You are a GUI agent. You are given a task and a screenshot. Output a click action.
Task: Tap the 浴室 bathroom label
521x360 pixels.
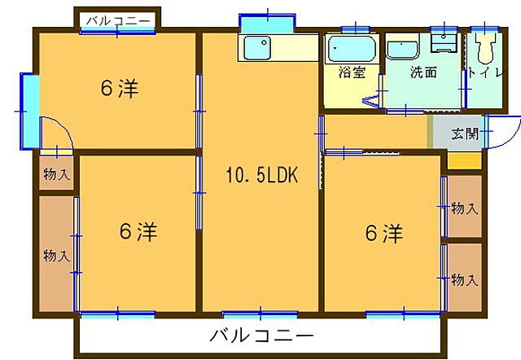352,72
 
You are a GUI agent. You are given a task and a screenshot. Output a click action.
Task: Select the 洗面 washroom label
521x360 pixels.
422,72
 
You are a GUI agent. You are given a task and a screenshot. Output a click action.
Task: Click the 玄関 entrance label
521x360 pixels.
465,134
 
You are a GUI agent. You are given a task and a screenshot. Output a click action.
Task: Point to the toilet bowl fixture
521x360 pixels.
487,50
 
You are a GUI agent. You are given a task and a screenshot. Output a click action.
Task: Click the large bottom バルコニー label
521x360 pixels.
261,335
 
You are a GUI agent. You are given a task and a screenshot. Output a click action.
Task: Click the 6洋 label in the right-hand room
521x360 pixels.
383,234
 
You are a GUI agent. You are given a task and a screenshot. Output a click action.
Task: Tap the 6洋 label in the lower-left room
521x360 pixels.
138,232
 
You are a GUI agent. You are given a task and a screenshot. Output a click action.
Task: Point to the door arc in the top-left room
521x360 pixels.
57,134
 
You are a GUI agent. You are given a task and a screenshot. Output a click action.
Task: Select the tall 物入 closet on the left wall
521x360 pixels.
56,254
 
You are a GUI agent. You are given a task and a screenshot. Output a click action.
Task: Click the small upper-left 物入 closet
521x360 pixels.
56,173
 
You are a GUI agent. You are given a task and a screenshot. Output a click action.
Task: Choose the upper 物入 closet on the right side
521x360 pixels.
462,209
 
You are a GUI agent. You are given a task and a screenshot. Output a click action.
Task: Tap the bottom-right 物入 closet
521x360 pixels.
462,279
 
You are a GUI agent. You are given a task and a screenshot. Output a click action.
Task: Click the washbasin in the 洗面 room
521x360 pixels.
402,50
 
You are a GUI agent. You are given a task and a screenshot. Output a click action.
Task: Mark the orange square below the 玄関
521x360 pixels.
464,160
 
